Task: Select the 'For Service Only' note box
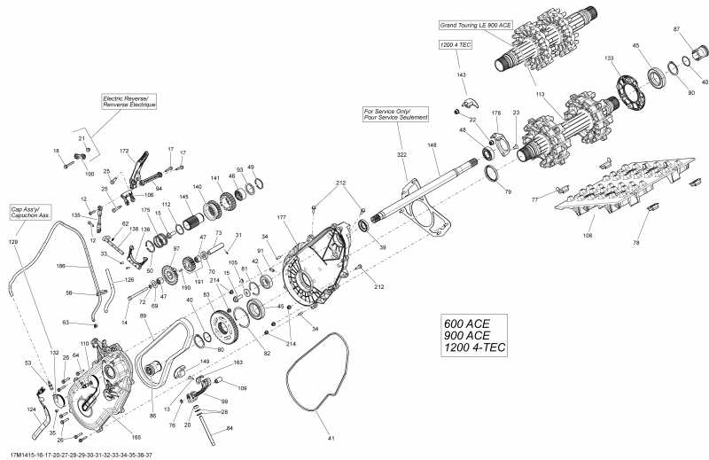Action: (x=395, y=114)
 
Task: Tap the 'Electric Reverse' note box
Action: (x=129, y=101)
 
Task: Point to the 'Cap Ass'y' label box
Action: (x=30, y=213)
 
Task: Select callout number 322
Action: (x=401, y=154)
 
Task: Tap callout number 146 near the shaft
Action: (x=432, y=144)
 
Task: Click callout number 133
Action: (x=609, y=58)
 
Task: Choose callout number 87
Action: (x=676, y=29)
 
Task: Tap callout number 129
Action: (x=13, y=241)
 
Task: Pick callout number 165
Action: (x=136, y=437)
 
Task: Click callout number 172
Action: (x=124, y=152)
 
